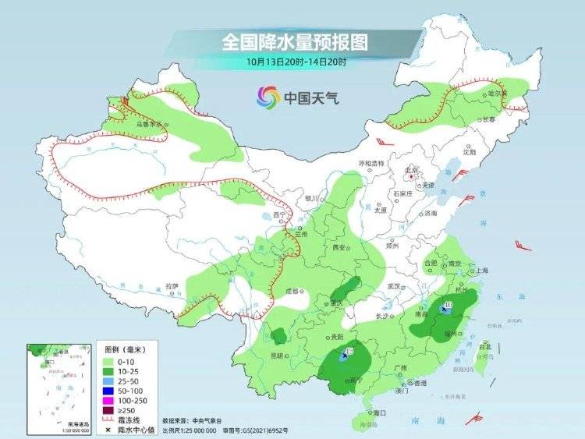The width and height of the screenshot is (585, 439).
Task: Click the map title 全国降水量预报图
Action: click(x=295, y=41)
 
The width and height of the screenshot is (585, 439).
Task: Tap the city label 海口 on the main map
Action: click(x=380, y=412)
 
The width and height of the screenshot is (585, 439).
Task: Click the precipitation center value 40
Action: click(x=448, y=304)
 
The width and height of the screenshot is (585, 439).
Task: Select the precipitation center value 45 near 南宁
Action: click(x=349, y=352)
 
